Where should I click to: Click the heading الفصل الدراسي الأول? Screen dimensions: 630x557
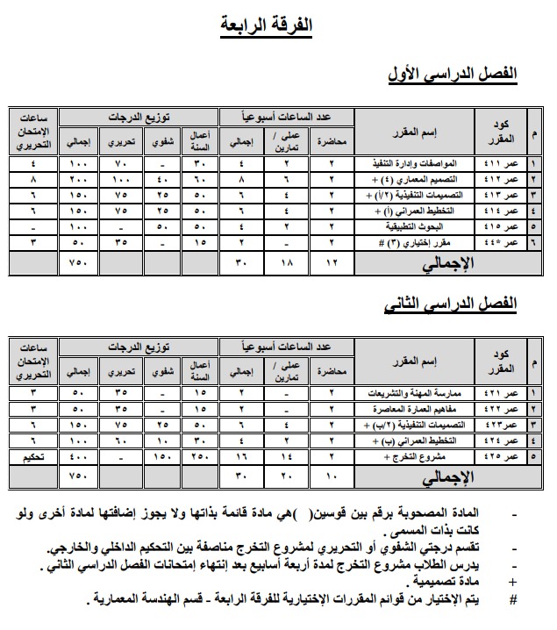click(453, 75)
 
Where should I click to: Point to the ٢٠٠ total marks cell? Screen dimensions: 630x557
click(78, 179)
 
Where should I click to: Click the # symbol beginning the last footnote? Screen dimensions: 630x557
click(513, 599)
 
